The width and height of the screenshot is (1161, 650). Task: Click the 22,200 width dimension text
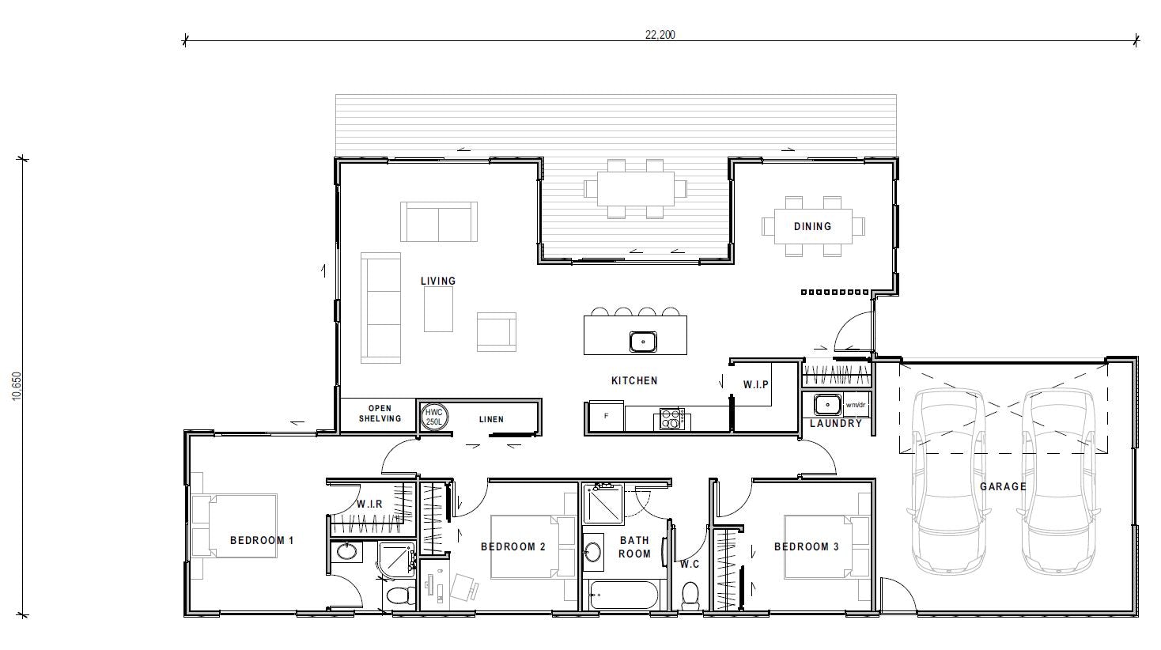tap(660, 34)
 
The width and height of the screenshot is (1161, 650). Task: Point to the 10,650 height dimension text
tap(18, 387)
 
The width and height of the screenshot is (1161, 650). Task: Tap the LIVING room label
tap(438, 281)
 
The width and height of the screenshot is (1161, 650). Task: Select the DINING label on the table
tap(812, 226)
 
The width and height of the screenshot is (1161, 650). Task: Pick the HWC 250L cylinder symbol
tap(434, 417)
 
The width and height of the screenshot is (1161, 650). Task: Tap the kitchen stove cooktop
tap(671, 418)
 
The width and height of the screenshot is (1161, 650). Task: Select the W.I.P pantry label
tap(756, 385)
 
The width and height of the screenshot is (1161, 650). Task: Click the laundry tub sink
tap(827, 404)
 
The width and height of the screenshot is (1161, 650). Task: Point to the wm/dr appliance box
tap(857, 405)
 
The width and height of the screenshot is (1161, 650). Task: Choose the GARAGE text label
tap(1003, 486)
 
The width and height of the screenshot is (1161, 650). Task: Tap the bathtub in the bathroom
tap(624, 595)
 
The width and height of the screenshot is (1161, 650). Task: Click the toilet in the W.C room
tap(691, 595)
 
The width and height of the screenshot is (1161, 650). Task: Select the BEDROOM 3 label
tap(807, 546)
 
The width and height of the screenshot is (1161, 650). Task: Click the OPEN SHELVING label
tap(380, 414)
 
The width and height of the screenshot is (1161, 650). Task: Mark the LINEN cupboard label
tap(491, 419)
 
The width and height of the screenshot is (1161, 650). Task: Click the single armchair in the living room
tap(496, 331)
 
